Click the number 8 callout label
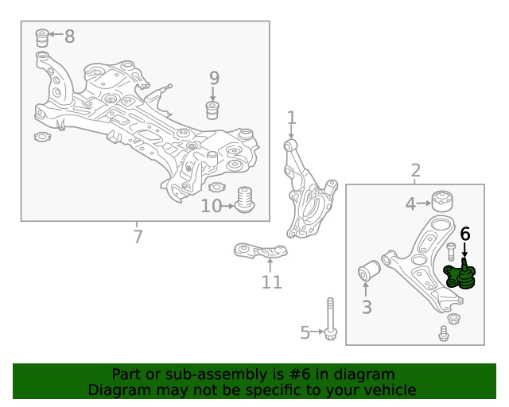coord(69,36)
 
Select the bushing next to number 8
coord(42,38)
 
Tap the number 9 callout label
coord(214,78)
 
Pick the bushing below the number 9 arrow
coord(212,110)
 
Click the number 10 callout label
coord(211,206)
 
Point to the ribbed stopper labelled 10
coord(244,200)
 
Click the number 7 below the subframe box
coord(138,236)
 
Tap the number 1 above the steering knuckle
coord(292,118)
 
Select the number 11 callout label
coord(272,282)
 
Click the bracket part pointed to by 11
coord(260,251)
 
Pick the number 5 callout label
coord(305,332)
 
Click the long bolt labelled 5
coord(331,319)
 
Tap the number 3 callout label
coord(367,307)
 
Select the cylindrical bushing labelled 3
coord(369,269)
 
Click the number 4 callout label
coord(410,203)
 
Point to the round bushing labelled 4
coord(442,201)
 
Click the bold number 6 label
coord(465,234)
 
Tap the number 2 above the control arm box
coord(415,170)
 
